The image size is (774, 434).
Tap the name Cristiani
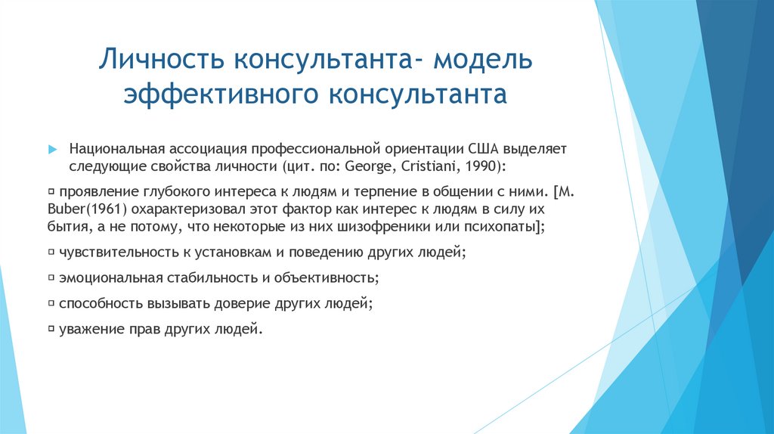pyautogui.click(x=427, y=166)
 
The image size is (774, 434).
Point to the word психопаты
pyautogui.click(x=497, y=226)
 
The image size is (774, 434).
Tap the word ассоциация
pyautogui.click(x=212, y=149)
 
